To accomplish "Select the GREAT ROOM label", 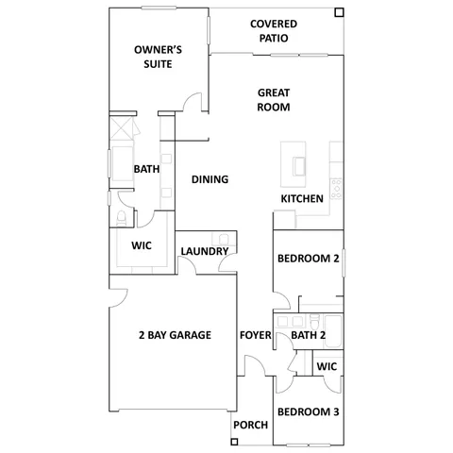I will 274,100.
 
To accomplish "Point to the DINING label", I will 210,179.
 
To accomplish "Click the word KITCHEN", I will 303,199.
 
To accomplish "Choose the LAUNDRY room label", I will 203,252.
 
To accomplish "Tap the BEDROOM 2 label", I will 308,259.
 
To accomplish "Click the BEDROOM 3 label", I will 308,411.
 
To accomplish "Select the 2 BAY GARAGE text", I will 174,335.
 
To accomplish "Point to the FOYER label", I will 256,335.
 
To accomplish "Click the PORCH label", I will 250,426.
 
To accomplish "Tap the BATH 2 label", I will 309,335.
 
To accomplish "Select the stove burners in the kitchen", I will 336,185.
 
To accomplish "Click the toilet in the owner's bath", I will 120,219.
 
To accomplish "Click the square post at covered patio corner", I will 339,12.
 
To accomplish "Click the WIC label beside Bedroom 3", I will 327,366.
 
